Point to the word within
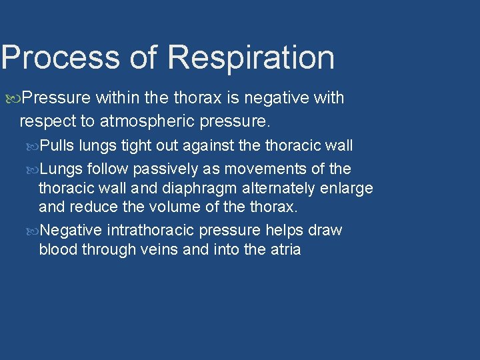[117, 98]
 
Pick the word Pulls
[57, 145]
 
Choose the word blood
[58, 249]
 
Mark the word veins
[154, 249]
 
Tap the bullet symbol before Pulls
[35, 145]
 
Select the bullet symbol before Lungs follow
[35, 169]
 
